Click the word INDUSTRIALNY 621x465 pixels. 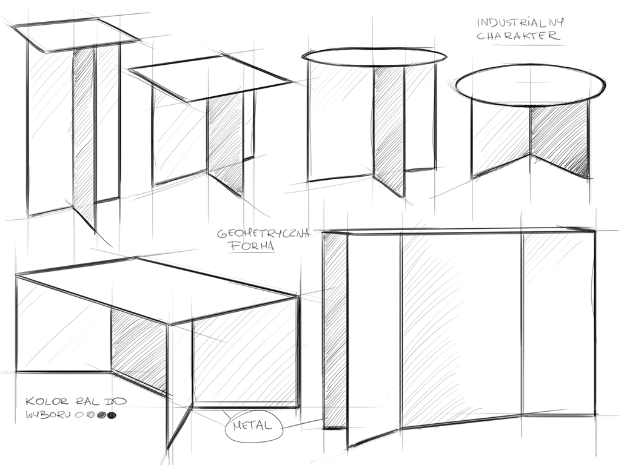(x=520, y=22)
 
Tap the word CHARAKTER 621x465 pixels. (x=519, y=36)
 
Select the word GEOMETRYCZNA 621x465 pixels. (x=264, y=234)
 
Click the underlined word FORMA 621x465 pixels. (x=252, y=246)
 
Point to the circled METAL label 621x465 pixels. (x=253, y=426)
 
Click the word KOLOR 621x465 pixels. (x=47, y=402)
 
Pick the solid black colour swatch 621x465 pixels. (x=112, y=415)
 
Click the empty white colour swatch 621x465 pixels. (x=78, y=415)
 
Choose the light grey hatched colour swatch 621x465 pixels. (x=91, y=415)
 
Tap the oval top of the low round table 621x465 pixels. (x=531, y=86)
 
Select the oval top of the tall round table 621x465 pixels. (x=374, y=57)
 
